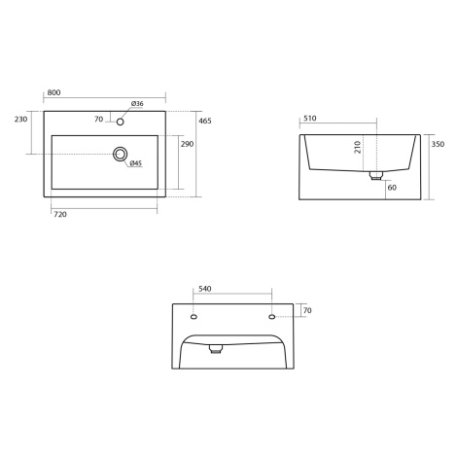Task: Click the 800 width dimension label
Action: (x=53, y=92)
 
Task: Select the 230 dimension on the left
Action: (x=20, y=120)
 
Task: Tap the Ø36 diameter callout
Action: (x=137, y=104)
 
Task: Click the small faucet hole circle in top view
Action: (x=121, y=122)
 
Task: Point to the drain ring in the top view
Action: (x=121, y=154)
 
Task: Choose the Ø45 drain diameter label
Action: (x=136, y=163)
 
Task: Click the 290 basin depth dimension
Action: (x=187, y=144)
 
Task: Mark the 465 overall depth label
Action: (x=205, y=121)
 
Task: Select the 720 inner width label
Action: (x=60, y=215)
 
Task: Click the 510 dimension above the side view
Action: (x=310, y=119)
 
